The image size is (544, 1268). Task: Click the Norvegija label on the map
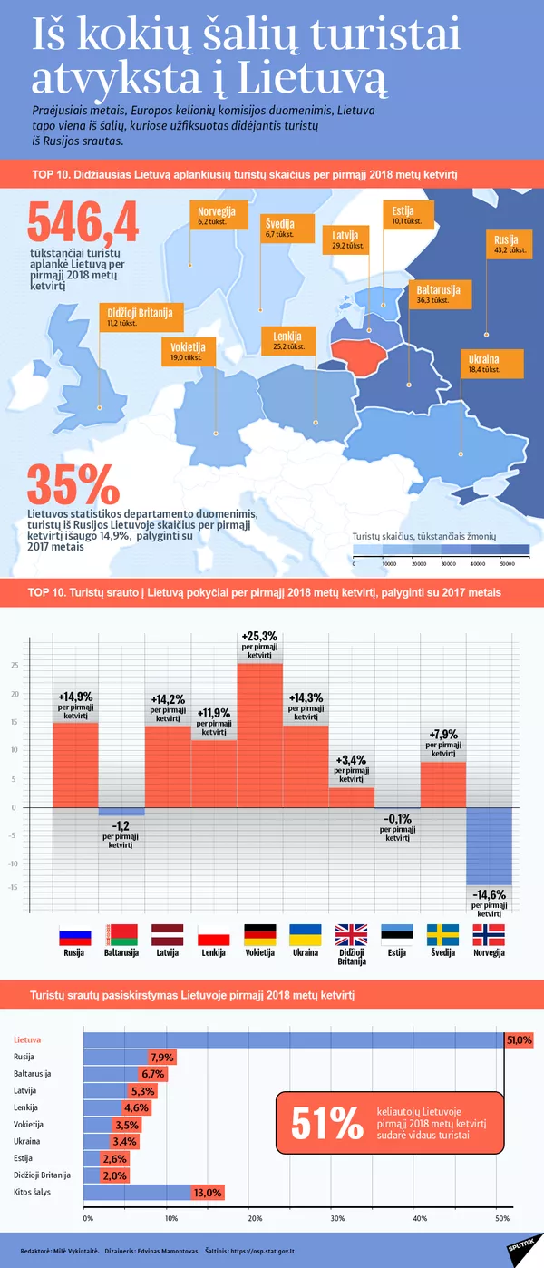[x=218, y=216]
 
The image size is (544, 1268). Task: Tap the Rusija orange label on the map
[x=506, y=244]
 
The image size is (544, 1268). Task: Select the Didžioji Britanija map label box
[x=139, y=316]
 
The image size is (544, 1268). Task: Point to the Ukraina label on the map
[x=484, y=364]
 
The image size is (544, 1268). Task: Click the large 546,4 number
[x=83, y=222]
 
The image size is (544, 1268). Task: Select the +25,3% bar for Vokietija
[x=259, y=735]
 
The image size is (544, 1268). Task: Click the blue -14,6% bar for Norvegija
[x=489, y=845]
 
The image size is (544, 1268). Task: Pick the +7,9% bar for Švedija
[x=442, y=785]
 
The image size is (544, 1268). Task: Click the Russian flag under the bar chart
[x=74, y=935]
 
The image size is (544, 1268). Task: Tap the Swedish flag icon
[x=442, y=935]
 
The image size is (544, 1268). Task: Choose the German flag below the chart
[x=259, y=935]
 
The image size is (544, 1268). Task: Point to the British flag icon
[x=350, y=935]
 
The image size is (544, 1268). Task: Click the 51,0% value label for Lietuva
[x=519, y=1040]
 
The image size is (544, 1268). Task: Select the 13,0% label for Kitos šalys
[x=208, y=1193]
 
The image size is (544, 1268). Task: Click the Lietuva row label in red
[x=28, y=1039]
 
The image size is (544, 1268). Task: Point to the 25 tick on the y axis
[x=15, y=665]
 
